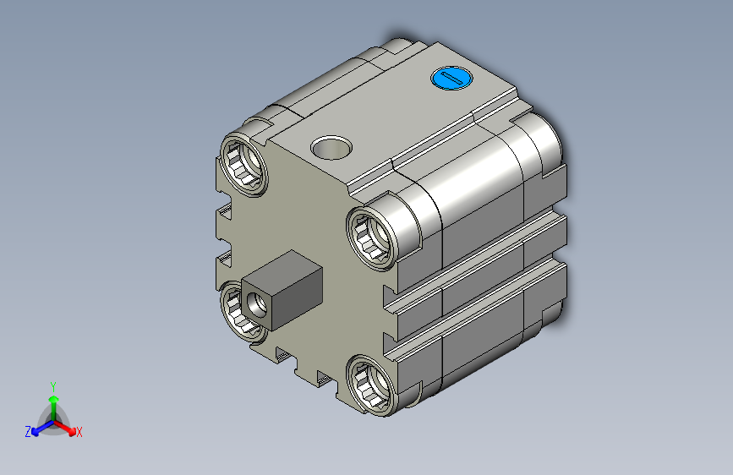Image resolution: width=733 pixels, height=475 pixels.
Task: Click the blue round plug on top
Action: pos(451,78)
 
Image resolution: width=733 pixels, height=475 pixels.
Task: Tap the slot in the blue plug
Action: pos(452,79)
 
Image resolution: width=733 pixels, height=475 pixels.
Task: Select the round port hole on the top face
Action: pos(331,148)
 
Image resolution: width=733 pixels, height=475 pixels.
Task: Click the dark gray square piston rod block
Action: pos(282,290)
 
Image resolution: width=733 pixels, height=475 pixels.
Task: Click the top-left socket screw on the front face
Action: pos(243,164)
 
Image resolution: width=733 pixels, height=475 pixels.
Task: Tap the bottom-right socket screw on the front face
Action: pos(372,384)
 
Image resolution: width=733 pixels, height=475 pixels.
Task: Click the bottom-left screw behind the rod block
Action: pos(236,311)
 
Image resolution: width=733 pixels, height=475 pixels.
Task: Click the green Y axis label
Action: pos(53,386)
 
